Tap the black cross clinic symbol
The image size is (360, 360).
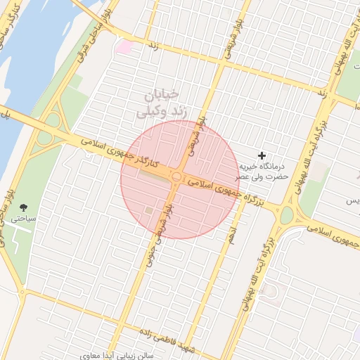[262, 155]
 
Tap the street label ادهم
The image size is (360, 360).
[231, 236]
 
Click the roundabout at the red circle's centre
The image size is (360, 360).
[176, 177]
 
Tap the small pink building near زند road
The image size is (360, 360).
[124, 47]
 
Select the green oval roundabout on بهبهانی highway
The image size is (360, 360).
[286, 214]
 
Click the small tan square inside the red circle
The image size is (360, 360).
[148, 210]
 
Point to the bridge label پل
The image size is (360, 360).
[5, 114]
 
